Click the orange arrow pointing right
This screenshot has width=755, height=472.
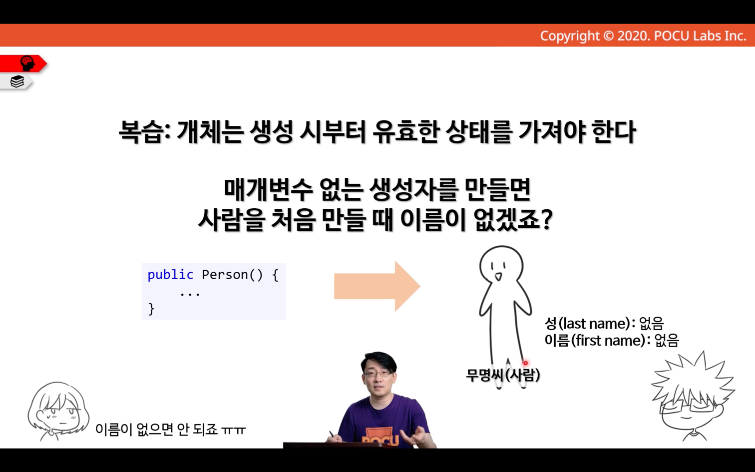[377, 286]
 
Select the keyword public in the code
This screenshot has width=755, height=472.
[170, 275]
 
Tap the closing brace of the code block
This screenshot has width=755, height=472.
[151, 309]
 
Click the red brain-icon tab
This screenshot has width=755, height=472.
[23, 63]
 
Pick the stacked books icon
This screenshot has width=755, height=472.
[17, 81]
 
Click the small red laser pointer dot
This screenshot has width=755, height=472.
[525, 363]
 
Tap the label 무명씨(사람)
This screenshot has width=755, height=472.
[503, 375]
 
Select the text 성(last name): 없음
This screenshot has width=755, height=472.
[604, 324]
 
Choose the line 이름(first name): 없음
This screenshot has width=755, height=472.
[612, 341]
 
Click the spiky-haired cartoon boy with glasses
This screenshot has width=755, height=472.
[692, 396]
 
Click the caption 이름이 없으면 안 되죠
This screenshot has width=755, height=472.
[156, 430]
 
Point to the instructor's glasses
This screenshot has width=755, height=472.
[378, 374]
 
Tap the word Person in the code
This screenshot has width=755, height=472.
[225, 275]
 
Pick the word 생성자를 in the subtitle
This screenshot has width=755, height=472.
[413, 190]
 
